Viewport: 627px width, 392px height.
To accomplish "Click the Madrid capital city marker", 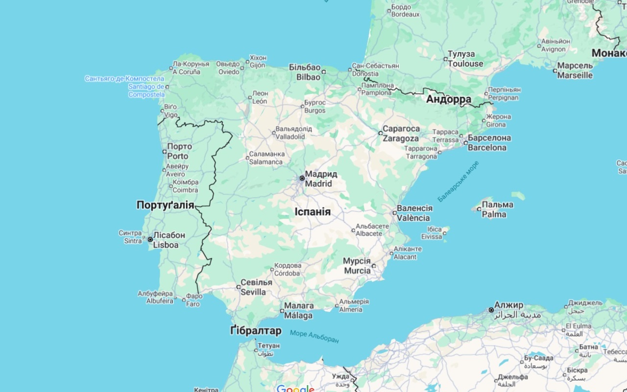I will coord(302,178).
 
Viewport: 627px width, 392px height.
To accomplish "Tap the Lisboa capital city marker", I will coord(150,240).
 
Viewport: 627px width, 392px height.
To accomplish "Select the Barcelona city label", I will coord(487,143).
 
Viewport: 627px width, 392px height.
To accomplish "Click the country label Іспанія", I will coord(313,212).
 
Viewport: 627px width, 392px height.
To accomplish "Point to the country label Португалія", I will coord(165,205).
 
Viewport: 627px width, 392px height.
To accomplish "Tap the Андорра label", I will coord(448,99).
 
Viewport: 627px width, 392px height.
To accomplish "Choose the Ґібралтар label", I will coord(256,331).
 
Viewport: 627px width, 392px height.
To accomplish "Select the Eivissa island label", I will coord(432,233).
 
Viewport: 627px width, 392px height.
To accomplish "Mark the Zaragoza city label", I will coord(401,133).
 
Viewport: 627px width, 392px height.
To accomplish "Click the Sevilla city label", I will coord(256,287).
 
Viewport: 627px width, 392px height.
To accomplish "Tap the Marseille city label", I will coord(575,71).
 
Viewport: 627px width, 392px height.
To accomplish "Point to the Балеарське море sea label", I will coord(458,181).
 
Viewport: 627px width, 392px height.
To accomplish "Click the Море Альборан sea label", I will coord(314,336).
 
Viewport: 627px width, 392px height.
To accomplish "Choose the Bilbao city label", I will coord(308,72).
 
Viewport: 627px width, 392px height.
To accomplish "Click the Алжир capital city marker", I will coord(491,310).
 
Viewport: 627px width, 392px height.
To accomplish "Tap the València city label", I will coord(414,213).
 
